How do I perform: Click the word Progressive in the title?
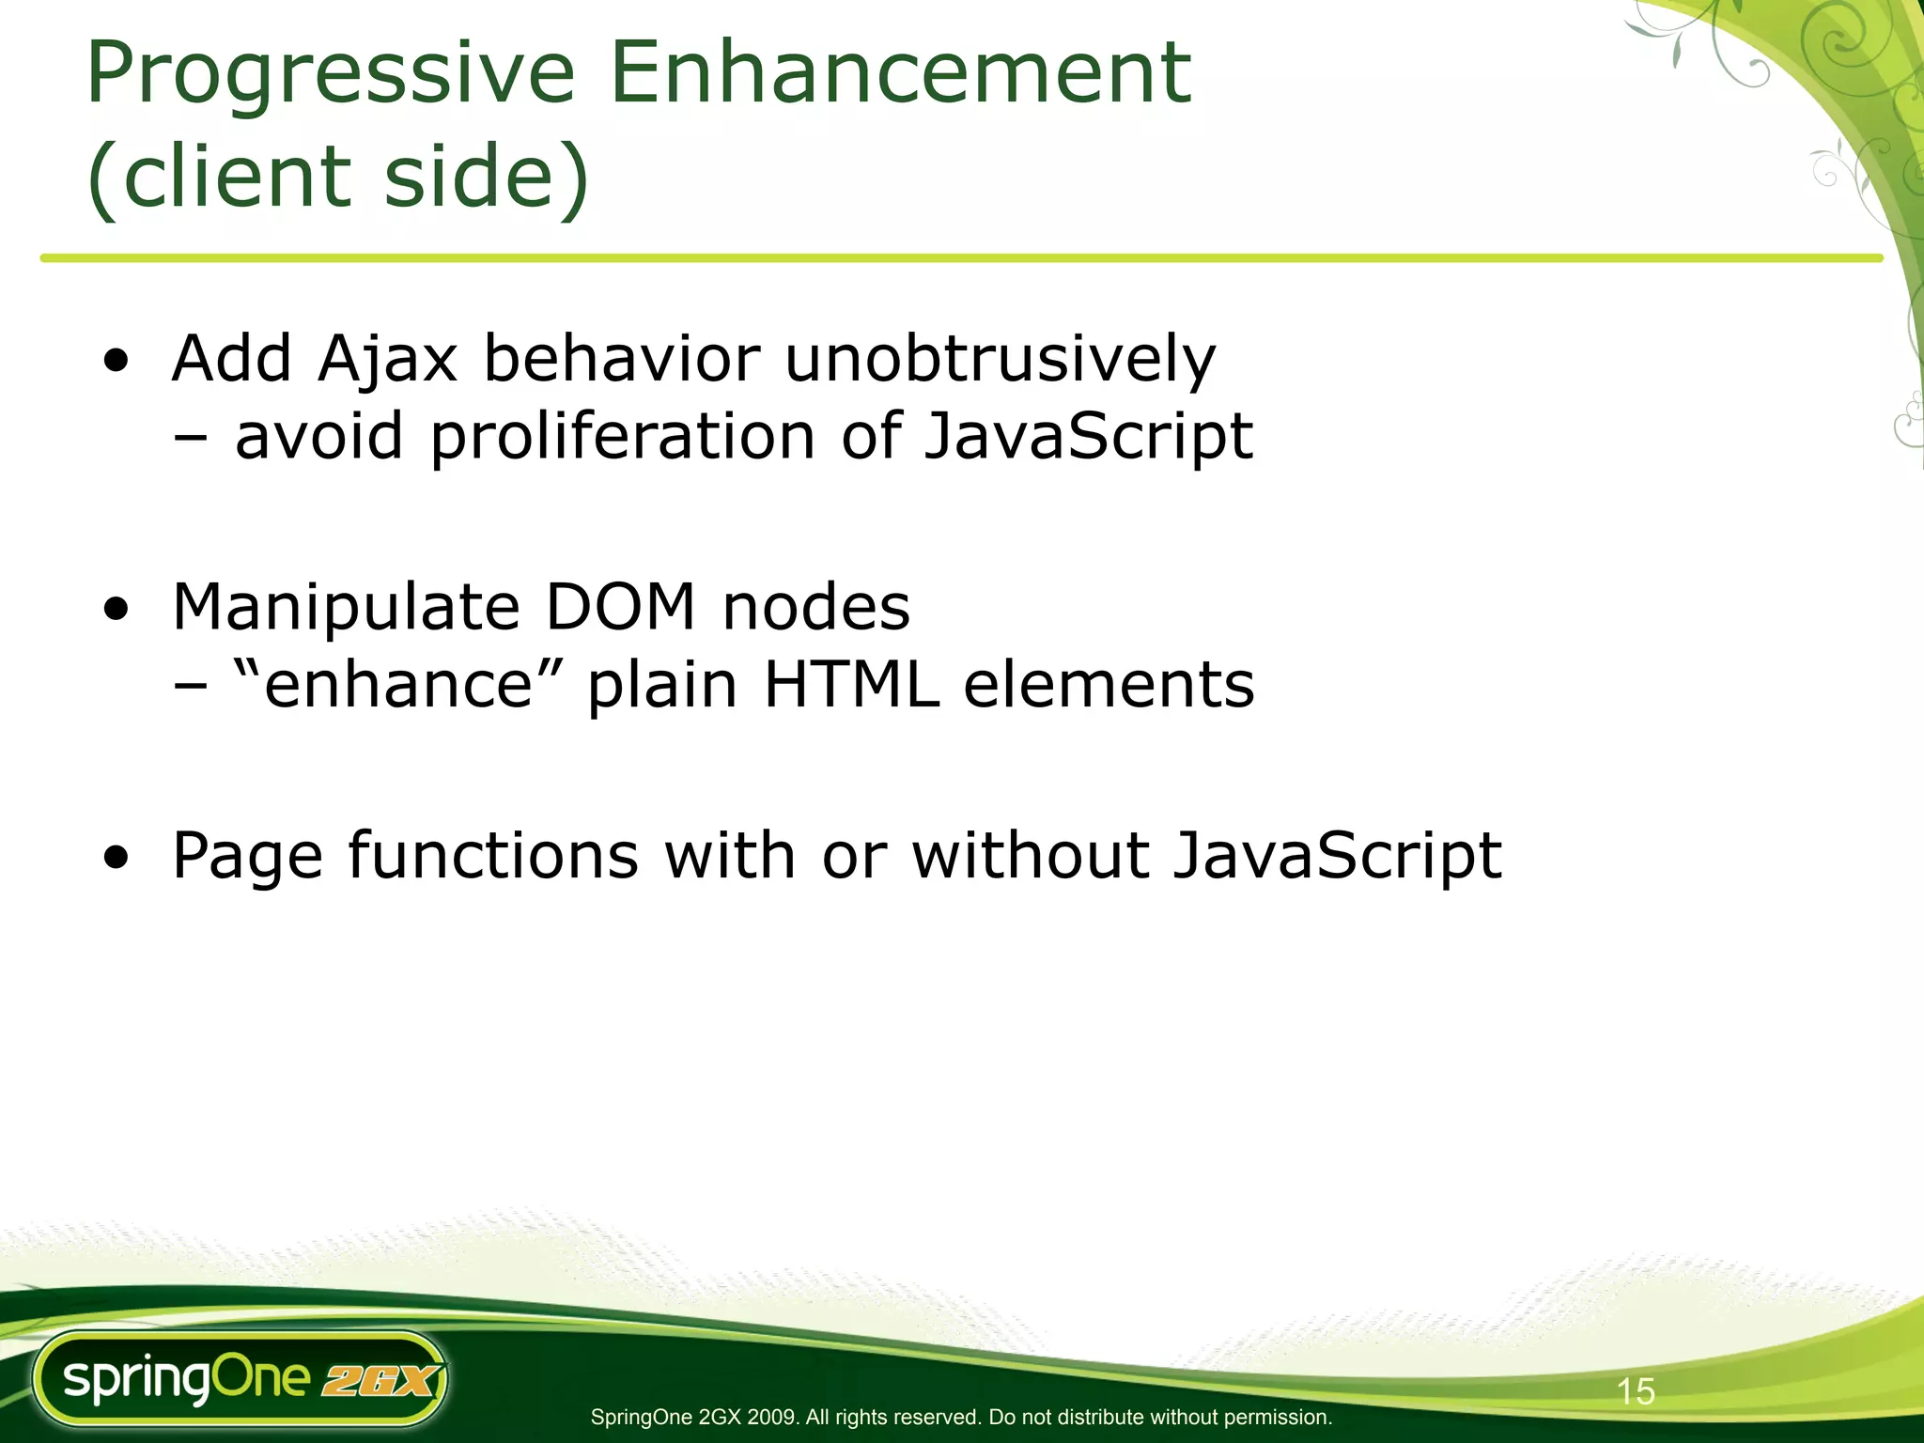pos(330,75)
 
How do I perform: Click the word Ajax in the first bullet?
pos(387,360)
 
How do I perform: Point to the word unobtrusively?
pos(1000,360)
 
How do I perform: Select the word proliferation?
pos(623,437)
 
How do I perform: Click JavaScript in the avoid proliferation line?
pos(1088,437)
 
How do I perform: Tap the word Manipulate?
pos(346,608)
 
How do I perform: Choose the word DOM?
pos(620,608)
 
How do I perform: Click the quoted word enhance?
pos(397,684)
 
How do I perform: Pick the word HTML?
pos(851,684)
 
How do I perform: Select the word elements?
pos(1109,684)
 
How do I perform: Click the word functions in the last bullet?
pos(493,856)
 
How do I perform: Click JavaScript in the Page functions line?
pos(1337,856)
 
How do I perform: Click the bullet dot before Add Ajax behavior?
pos(116,363)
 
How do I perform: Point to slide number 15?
pos(1636,1391)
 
